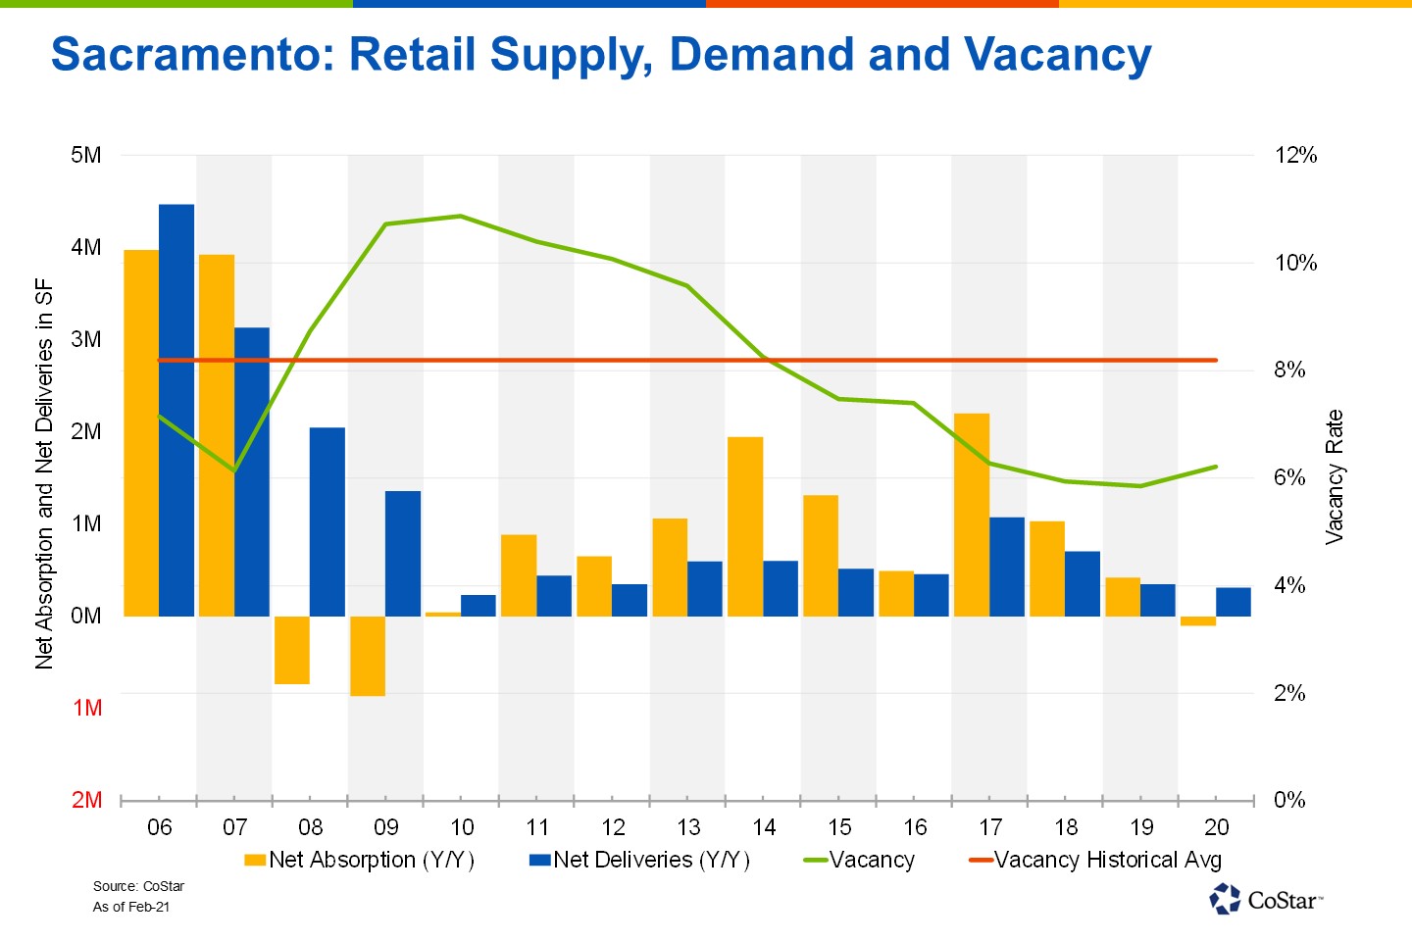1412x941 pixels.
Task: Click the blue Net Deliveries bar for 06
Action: tap(176, 410)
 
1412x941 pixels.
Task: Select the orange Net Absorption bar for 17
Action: tap(971, 515)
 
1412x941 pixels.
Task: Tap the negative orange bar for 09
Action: tap(368, 656)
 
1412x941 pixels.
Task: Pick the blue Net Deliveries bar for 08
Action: tap(328, 521)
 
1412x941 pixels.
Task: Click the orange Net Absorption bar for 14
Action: tap(745, 526)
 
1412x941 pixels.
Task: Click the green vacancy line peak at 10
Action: tap(461, 216)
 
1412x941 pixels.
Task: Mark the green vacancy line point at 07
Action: tap(235, 470)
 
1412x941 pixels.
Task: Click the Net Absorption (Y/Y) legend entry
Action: tap(359, 860)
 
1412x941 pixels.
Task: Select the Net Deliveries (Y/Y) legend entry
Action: tap(639, 860)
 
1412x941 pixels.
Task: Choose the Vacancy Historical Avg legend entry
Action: tap(1095, 860)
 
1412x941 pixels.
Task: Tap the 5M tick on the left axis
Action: tap(86, 155)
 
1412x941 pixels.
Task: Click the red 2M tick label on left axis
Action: tap(86, 800)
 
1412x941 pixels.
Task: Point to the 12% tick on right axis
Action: tap(1295, 155)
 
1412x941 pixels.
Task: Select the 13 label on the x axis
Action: tap(688, 827)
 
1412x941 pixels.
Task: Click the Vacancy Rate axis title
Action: tap(1335, 477)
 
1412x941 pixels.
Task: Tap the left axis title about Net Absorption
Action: tap(44, 475)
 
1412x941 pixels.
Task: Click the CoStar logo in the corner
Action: tap(1266, 899)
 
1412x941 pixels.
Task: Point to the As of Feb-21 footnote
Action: tap(131, 907)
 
